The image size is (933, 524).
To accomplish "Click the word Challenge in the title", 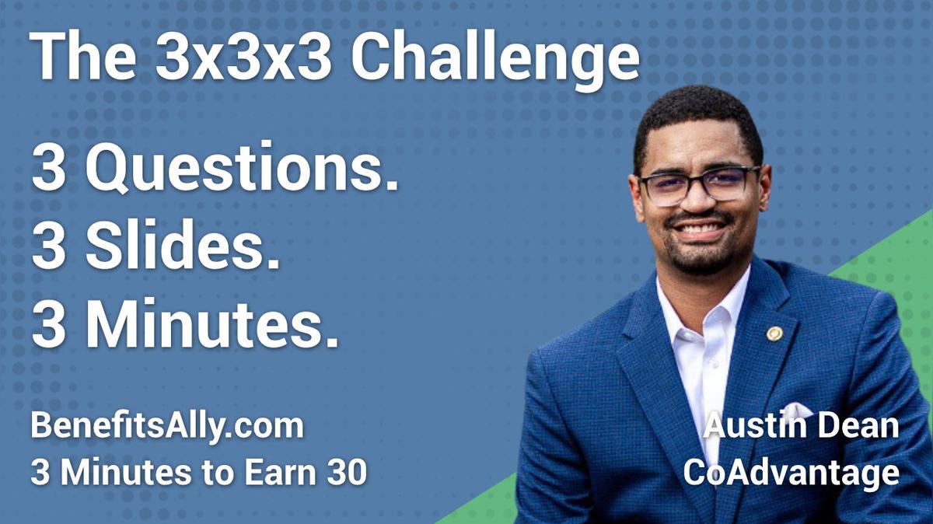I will [x=494, y=58].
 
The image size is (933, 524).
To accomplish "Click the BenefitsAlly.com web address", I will [x=166, y=427].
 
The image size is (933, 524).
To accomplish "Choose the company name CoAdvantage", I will [x=791, y=472].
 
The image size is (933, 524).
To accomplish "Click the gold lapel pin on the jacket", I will [x=774, y=333].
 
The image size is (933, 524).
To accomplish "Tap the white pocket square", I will [x=795, y=410].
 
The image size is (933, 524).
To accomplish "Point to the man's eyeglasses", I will [x=697, y=185].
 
